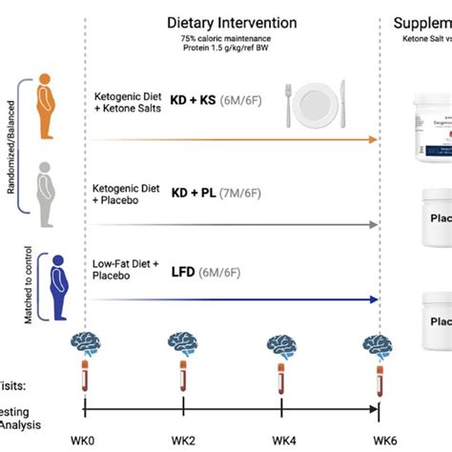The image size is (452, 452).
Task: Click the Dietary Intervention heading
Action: click(232, 22)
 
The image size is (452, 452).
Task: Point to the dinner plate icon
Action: click(314, 103)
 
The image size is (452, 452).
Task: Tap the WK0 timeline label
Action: click(84, 440)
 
